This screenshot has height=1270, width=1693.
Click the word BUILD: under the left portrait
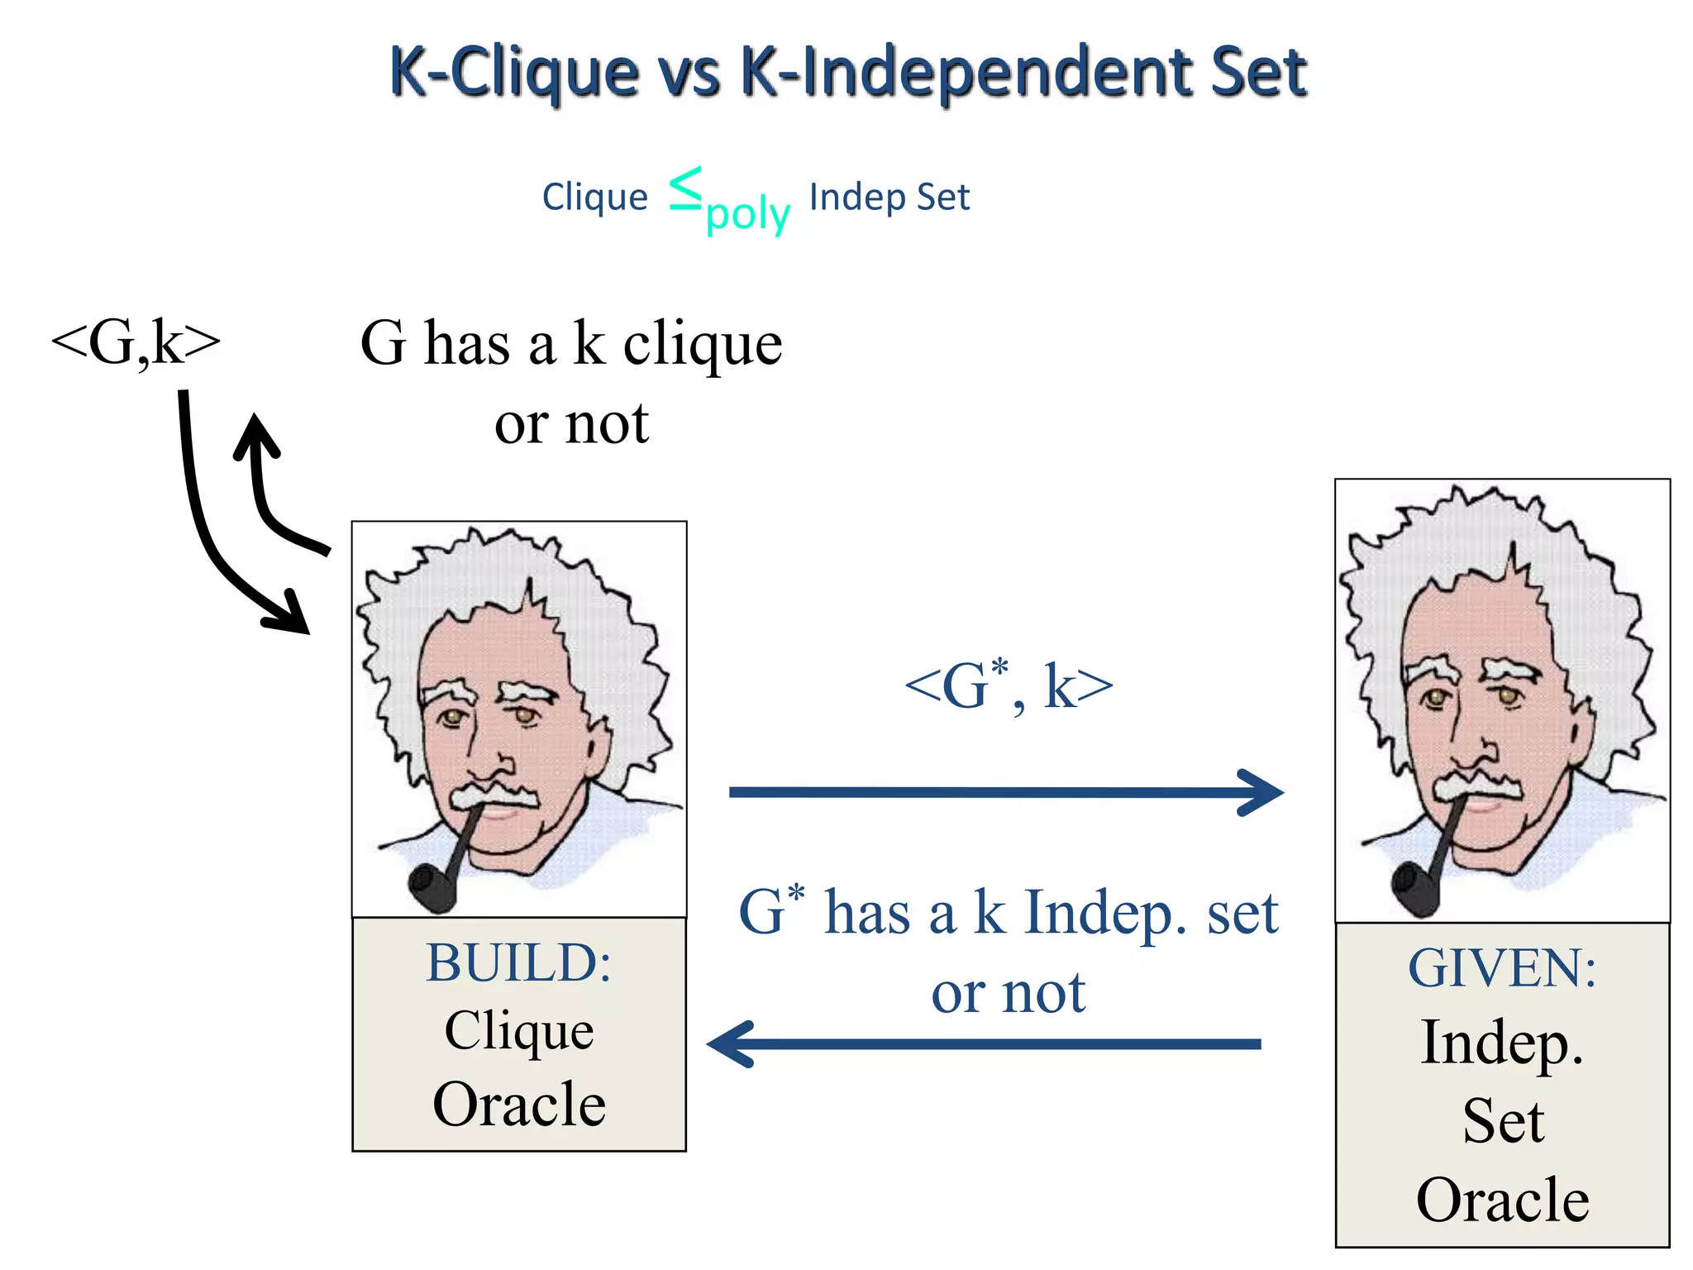point(518,962)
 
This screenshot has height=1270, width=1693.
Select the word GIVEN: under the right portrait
point(1502,968)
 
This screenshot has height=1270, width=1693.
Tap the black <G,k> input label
point(136,342)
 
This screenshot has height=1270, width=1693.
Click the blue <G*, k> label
point(1009,686)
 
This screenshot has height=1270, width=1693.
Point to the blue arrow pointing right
point(1005,792)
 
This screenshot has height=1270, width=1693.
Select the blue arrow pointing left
point(984,1043)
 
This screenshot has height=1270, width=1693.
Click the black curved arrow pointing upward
point(265,488)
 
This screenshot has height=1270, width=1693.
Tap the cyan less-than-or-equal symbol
point(685,188)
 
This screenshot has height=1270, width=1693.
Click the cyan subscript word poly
point(748,215)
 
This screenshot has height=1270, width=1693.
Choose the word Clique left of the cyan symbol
point(594,198)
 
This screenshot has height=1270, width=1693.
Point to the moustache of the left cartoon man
point(494,794)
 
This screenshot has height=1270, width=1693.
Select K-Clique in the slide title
point(513,73)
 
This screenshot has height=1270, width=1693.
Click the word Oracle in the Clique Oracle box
point(519,1105)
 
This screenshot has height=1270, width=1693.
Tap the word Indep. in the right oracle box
point(1502,1043)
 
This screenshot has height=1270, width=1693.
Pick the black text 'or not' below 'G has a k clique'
point(571,424)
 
